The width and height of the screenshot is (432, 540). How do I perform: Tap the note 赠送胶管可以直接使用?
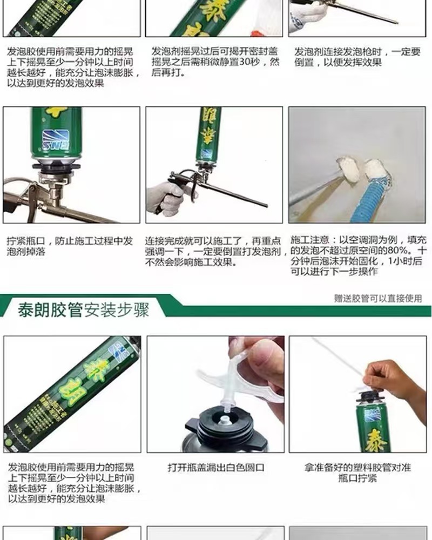pyautogui.click(x=378, y=298)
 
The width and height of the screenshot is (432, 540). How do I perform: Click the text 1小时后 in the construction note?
pyautogui.click(x=405, y=261)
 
